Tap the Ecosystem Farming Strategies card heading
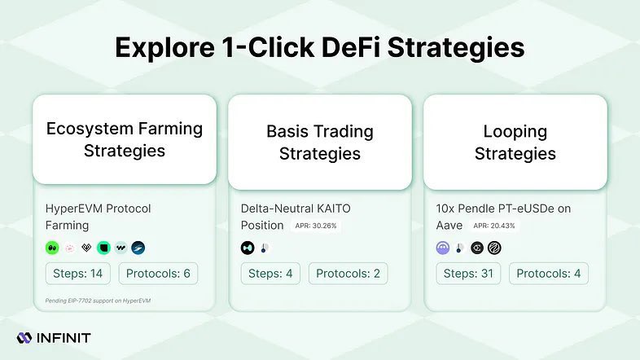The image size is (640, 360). pyautogui.click(x=124, y=139)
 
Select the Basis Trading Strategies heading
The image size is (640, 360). pyautogui.click(x=319, y=142)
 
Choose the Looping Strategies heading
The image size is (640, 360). pyautogui.click(x=515, y=142)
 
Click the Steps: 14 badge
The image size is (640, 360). pyautogui.click(x=79, y=273)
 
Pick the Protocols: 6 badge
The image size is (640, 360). pyautogui.click(x=158, y=273)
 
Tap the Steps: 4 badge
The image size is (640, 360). pyautogui.click(x=271, y=273)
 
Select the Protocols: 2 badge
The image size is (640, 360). pyautogui.click(x=348, y=273)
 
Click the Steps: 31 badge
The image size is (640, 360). pyautogui.click(x=469, y=273)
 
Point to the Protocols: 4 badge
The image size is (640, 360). pyautogui.click(x=548, y=273)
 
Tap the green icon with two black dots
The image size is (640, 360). pyautogui.click(x=52, y=248)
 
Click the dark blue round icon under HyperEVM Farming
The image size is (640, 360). pyautogui.click(x=138, y=248)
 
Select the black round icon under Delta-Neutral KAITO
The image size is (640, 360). pyautogui.click(x=248, y=248)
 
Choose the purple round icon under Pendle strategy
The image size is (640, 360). pyautogui.click(x=443, y=248)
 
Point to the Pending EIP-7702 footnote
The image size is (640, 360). pyautogui.click(x=98, y=301)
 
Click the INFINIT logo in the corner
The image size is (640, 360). pyautogui.click(x=53, y=337)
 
